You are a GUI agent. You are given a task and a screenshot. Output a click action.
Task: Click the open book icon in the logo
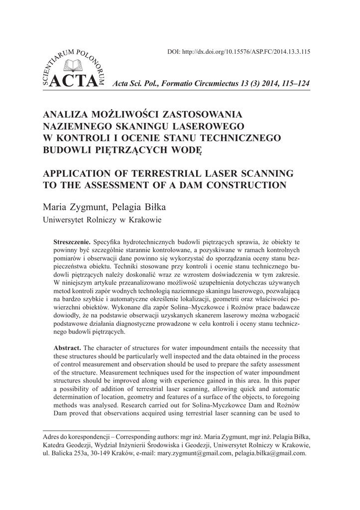[x=67, y=65]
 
